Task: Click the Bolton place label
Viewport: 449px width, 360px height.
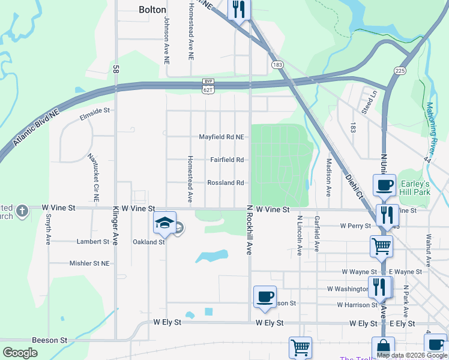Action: (152, 10)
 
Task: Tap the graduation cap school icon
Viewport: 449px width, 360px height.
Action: (164, 223)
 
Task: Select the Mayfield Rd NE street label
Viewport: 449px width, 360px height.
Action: (221, 137)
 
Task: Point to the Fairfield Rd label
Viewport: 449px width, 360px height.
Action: (226, 160)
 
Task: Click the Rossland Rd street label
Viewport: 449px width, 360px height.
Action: (225, 182)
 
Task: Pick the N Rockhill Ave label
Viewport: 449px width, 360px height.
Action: (248, 230)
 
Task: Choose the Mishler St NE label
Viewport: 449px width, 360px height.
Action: (89, 263)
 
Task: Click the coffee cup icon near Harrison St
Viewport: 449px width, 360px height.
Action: (265, 296)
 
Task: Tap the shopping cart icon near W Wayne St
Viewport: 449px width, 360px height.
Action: (381, 245)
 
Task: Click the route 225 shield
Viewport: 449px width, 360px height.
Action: (400, 71)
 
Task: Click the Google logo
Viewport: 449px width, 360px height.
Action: (20, 353)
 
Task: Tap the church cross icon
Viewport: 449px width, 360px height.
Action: (22, 211)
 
